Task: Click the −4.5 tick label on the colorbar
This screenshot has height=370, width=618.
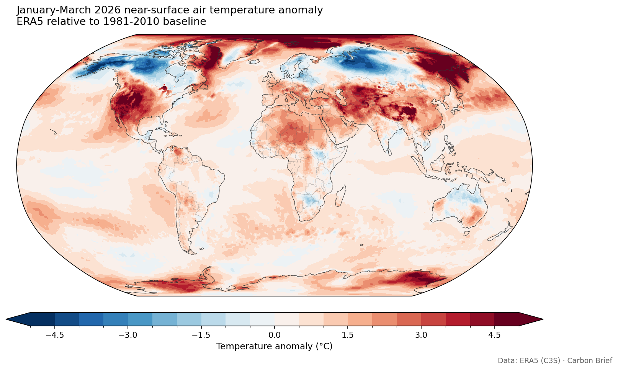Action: [54, 335]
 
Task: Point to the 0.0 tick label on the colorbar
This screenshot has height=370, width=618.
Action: [274, 335]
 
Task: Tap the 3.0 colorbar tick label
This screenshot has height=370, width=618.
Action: [421, 335]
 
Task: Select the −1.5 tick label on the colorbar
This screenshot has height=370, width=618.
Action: [201, 335]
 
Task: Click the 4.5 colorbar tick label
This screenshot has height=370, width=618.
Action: [494, 335]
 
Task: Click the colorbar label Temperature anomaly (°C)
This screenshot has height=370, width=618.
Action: [274, 347]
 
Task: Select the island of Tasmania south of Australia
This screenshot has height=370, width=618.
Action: [466, 233]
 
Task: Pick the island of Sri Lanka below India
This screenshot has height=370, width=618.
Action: [389, 152]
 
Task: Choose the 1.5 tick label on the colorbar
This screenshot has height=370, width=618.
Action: [348, 335]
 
